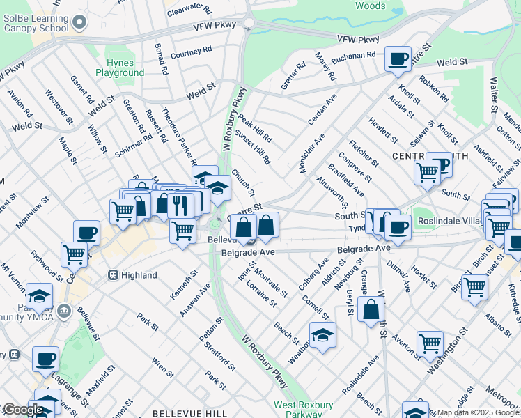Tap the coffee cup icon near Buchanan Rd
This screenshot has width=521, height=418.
pos(398,59)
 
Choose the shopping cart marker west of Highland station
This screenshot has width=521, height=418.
pos(73,254)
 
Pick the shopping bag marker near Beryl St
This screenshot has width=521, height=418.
pos(371,308)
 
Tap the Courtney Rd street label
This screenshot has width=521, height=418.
pos(191,52)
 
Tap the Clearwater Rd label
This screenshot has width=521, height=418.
pos(189,8)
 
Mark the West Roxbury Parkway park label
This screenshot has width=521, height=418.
pos(303,409)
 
